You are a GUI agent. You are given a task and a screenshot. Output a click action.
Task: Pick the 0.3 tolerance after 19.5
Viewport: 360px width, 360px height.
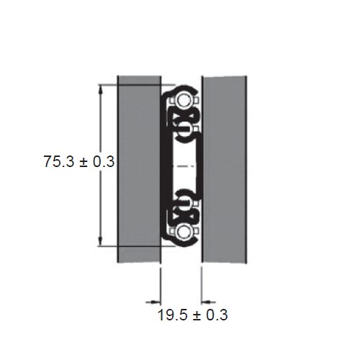click(x=218, y=315)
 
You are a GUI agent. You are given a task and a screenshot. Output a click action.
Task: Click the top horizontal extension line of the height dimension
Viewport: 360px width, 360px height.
click(x=130, y=84)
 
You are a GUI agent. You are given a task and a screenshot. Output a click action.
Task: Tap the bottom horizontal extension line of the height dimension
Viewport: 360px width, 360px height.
click(x=130, y=246)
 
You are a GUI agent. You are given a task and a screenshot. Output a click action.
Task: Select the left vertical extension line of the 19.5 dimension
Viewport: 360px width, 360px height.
click(x=159, y=284)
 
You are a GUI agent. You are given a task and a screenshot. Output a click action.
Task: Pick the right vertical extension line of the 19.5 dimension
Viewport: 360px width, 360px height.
click(x=202, y=284)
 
